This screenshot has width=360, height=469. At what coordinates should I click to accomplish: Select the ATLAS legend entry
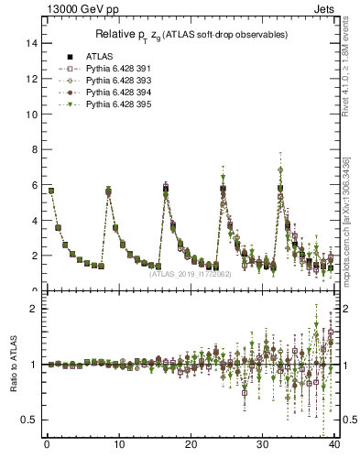pyautogui.click(x=100, y=56)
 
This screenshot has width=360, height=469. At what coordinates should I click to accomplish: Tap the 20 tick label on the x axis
pyautogui.click(x=191, y=446)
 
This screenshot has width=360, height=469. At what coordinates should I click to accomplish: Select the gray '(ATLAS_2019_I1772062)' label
pyautogui.click(x=191, y=273)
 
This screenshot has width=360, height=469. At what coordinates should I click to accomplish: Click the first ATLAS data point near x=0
pyautogui.click(x=50, y=191)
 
